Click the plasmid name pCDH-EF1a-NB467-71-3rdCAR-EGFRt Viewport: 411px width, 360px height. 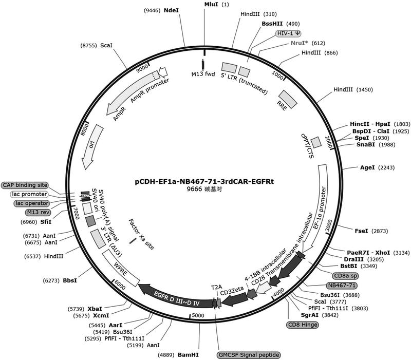click(204, 181)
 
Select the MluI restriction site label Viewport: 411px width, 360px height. click(211, 5)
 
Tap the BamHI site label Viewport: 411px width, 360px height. click(188, 355)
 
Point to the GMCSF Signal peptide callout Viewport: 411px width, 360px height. click(249, 355)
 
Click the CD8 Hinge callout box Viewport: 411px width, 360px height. click(303, 325)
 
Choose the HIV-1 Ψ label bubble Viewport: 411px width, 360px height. click(289, 33)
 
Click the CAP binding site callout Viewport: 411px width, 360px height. click(25, 185)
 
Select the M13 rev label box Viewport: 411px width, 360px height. click(38, 212)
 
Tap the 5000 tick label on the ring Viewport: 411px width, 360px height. click(198, 315)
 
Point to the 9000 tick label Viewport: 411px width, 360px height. click(143, 69)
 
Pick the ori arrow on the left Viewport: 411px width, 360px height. click(92, 147)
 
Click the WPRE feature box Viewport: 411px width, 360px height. click(121, 268)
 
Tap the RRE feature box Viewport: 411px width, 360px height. click(288, 99)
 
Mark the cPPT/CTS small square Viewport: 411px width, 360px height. click(316, 142)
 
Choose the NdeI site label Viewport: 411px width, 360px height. click(171, 10)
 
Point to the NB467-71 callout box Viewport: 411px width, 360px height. click(342, 285)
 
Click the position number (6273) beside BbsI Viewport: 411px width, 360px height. click(51, 280)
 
